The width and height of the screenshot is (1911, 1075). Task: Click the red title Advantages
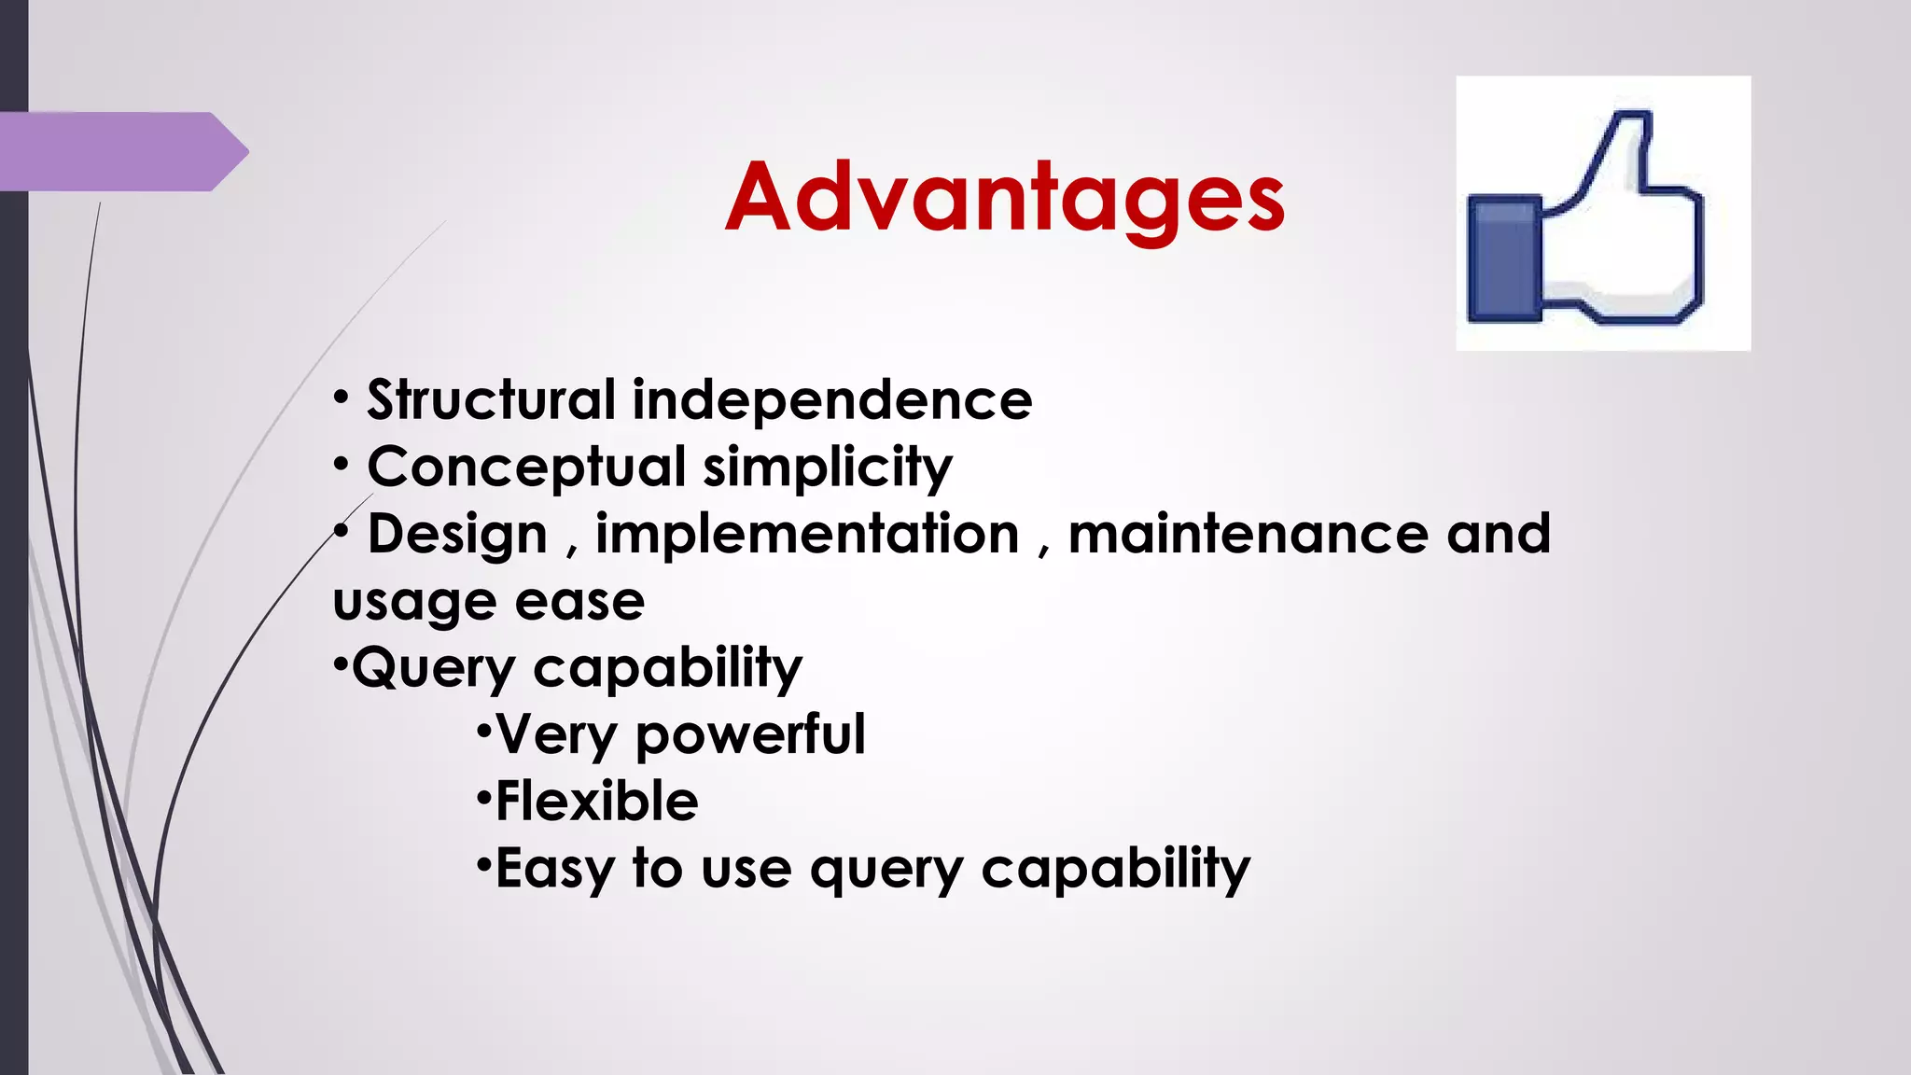coord(1005,198)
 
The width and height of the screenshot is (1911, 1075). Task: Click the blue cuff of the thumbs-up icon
coord(1503,258)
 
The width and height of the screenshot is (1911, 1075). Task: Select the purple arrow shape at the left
coord(121,151)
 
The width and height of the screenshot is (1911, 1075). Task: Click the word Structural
coord(491,400)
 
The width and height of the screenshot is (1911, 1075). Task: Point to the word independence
coord(832,400)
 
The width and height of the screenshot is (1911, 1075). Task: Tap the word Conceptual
coord(526,467)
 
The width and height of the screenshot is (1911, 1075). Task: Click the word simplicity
coord(828,467)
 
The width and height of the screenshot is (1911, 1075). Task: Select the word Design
coord(457,535)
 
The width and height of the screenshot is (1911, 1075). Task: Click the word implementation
coord(807,535)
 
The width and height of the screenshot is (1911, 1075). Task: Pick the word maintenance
coord(1248,535)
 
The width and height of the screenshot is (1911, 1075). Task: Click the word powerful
coord(750,735)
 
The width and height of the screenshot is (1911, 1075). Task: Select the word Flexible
coord(596,802)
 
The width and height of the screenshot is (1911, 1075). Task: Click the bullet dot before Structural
coord(342,398)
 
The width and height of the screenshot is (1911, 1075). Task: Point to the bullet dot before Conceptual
coord(342,465)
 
